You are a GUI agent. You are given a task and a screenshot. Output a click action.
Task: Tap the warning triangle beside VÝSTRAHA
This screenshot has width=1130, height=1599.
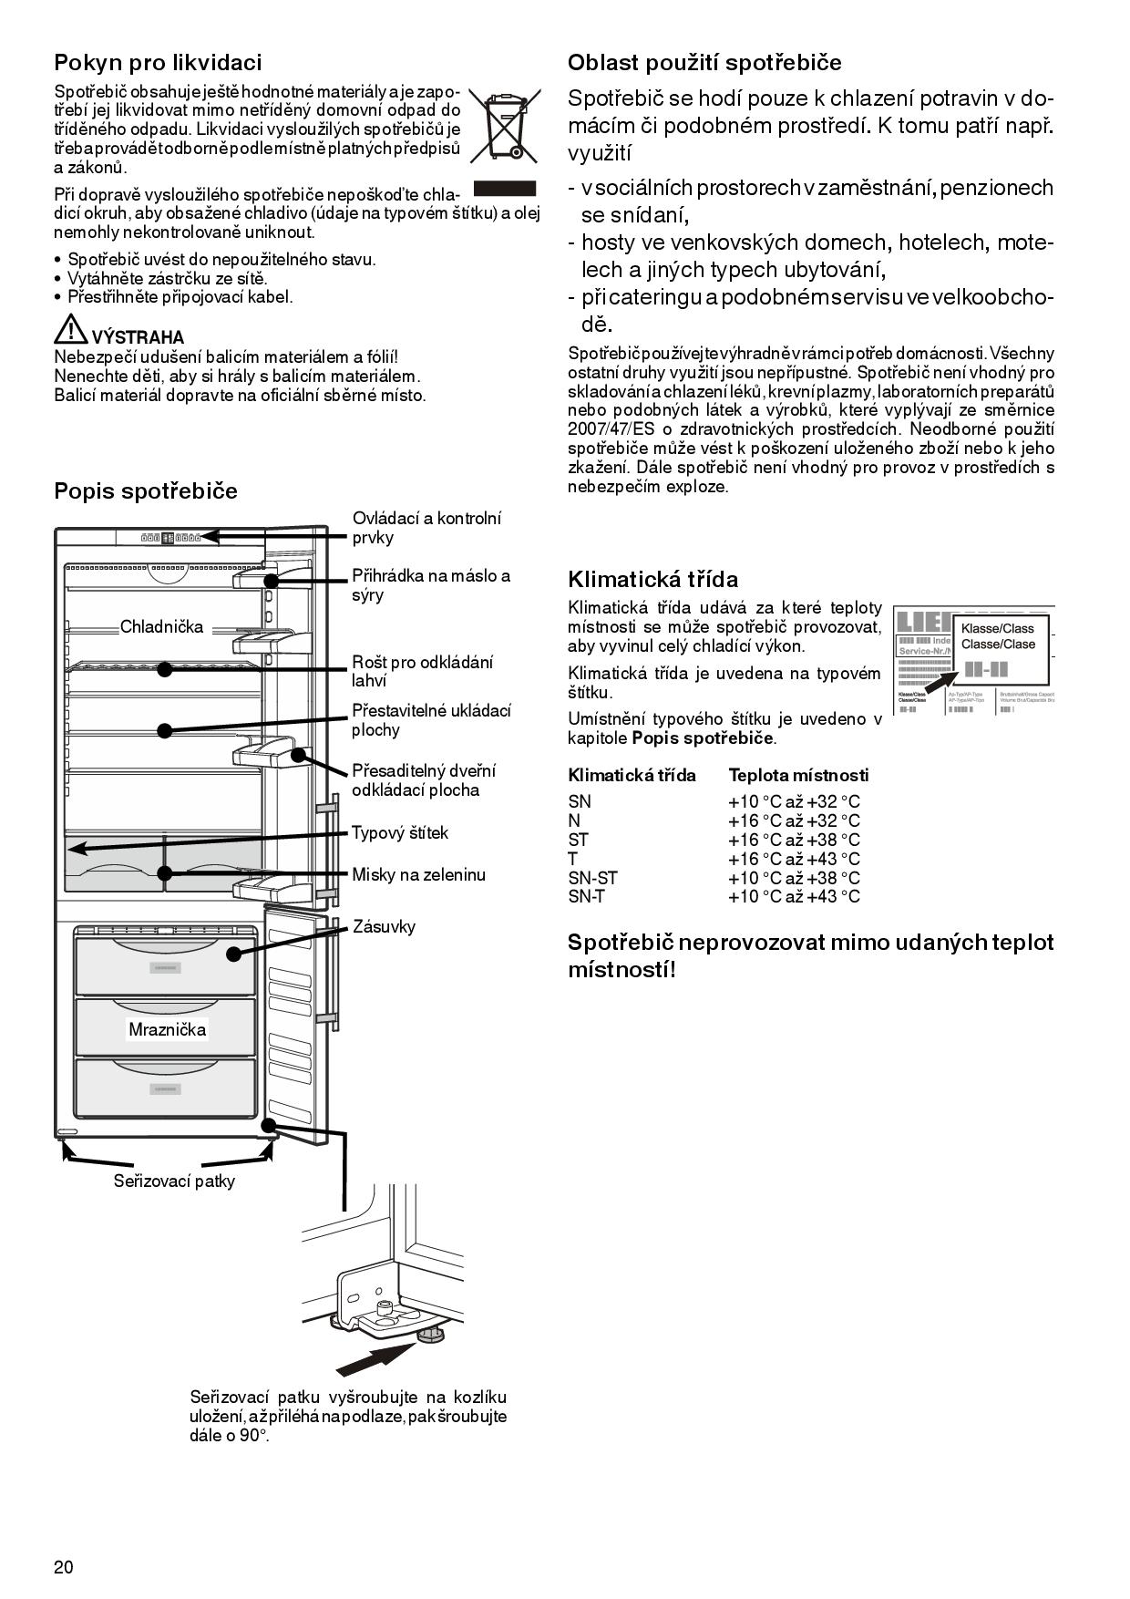[x=70, y=329]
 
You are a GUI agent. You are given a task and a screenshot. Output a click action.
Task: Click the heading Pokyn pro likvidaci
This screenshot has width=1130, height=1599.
[x=158, y=63]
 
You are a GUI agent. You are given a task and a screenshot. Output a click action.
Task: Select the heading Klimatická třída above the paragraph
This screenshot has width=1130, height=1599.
[x=652, y=580]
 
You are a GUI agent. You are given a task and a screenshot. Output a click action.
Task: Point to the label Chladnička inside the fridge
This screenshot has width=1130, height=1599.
[x=162, y=627]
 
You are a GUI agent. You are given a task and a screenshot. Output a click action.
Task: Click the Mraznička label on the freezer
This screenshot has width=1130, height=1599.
[x=168, y=1030]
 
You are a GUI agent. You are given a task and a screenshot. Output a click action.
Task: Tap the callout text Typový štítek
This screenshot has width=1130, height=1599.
[x=400, y=833]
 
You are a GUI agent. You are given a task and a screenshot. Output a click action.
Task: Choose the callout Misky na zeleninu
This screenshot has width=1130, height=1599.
[x=418, y=875]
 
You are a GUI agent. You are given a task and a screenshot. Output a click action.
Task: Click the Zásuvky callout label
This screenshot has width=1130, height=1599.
[x=384, y=927]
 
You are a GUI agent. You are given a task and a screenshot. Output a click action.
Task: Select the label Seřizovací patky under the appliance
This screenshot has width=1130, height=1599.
[x=174, y=1181]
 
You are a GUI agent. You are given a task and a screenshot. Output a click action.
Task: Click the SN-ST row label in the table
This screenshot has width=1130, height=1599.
[x=592, y=879]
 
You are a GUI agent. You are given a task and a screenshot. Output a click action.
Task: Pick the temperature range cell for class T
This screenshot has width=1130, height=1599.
[x=794, y=860]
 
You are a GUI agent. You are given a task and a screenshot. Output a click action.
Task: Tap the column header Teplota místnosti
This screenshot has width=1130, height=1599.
[x=798, y=776]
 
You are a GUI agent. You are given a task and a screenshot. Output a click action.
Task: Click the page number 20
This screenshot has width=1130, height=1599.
[x=64, y=1568]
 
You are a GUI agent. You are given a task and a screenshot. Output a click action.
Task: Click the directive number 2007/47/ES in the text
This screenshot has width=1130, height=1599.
[x=608, y=429]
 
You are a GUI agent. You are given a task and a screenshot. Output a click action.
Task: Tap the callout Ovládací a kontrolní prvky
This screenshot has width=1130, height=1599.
[x=426, y=528]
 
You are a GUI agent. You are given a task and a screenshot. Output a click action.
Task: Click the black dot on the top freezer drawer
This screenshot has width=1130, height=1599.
[x=234, y=954]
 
